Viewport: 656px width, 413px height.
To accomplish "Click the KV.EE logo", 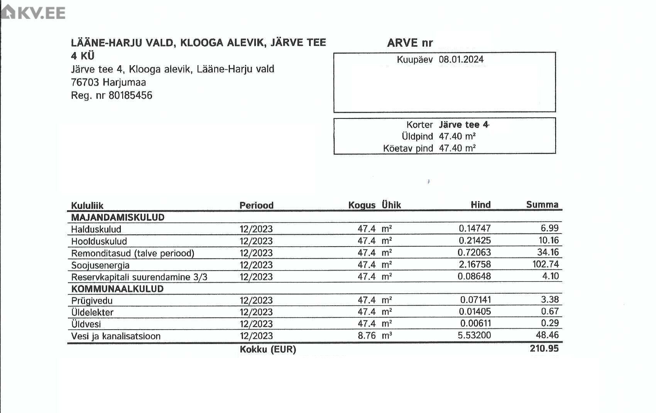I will (x=33, y=12).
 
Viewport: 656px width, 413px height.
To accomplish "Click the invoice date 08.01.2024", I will (x=461, y=59).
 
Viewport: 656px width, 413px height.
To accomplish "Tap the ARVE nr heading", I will (x=410, y=43).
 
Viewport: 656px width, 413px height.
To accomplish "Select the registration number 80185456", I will (x=130, y=95).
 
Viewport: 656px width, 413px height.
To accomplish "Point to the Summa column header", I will (x=542, y=205).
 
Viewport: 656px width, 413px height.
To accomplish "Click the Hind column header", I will (x=480, y=205).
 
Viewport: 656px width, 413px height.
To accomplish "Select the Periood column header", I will (x=256, y=205).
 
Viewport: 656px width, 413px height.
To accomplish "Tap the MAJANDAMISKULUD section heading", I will (x=118, y=217).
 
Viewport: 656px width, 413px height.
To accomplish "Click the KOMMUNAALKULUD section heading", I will (x=117, y=289).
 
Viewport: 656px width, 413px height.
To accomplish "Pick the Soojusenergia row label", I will (x=100, y=265).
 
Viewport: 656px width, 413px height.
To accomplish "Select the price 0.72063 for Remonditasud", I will (x=474, y=253).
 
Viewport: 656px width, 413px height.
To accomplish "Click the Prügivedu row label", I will (x=92, y=301).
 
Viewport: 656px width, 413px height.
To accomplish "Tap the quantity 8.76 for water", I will (x=366, y=336).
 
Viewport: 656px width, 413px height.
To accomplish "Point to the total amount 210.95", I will (x=544, y=349).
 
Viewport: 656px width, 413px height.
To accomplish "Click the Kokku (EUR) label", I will (x=268, y=349).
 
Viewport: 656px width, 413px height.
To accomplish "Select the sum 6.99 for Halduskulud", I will (x=549, y=229).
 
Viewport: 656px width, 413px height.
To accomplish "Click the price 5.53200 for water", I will (x=474, y=335).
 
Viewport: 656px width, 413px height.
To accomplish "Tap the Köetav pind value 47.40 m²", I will (x=457, y=148).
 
